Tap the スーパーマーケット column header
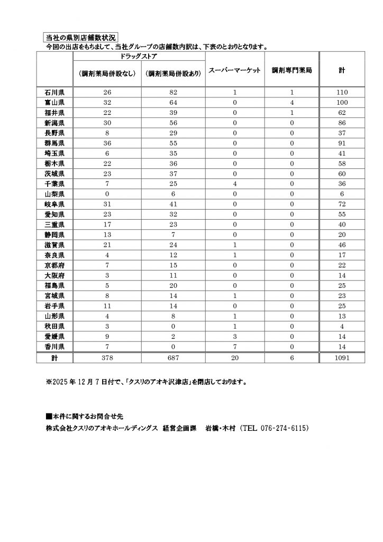[x=233, y=69]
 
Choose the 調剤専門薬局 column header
[x=291, y=69]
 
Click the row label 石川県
[x=54, y=92]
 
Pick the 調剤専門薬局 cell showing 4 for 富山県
[x=291, y=103]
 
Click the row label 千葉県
[x=54, y=184]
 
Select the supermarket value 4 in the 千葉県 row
[x=233, y=184]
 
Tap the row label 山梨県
[x=54, y=194]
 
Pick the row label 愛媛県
[x=54, y=337]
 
